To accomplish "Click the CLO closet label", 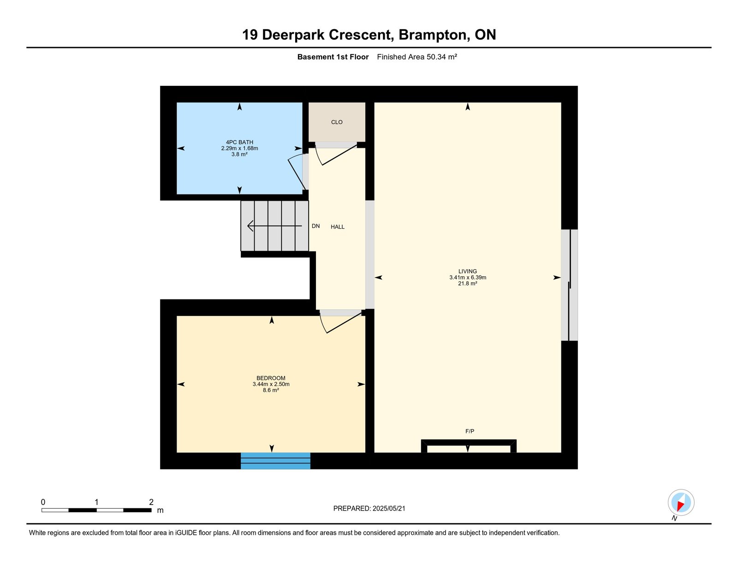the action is [337, 122].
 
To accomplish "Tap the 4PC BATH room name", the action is [239, 142].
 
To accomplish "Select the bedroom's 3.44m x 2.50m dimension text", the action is [271, 384].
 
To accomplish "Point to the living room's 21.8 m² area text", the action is [467, 284].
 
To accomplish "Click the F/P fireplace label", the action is [470, 431].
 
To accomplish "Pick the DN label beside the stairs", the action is [315, 226].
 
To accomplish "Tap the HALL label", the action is [338, 227].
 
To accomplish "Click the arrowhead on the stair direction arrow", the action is [250, 226].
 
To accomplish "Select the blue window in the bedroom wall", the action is [275, 461].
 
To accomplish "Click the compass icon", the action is [681, 503].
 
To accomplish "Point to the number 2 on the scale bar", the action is [151, 502].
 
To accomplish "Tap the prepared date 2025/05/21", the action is [389, 509].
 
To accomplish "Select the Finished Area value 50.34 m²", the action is [441, 57].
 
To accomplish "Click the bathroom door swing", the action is [296, 172].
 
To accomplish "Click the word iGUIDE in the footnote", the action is [186, 533].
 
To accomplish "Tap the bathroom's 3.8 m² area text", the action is [239, 154].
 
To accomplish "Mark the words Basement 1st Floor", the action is [333, 57].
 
